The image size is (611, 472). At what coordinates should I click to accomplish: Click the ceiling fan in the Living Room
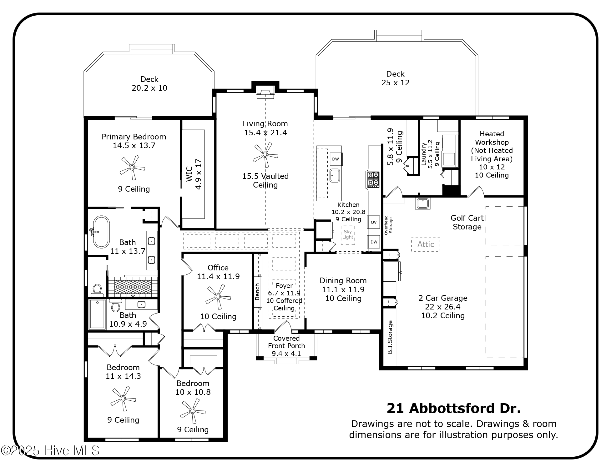(265, 155)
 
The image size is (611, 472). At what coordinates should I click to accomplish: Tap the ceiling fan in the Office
(218, 297)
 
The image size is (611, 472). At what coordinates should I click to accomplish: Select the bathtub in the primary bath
(101, 232)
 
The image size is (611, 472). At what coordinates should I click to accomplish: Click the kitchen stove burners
(373, 179)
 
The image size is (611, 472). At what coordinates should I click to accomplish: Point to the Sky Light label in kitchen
(348, 234)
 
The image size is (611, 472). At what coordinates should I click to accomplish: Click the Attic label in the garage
(426, 244)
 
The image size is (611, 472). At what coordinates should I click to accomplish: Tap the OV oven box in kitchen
(374, 222)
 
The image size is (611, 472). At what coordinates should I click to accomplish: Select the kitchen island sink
(335, 175)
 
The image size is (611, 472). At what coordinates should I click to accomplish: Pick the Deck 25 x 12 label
(395, 78)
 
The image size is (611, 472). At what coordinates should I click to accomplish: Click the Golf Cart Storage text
(467, 222)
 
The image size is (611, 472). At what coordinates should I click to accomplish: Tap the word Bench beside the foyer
(257, 291)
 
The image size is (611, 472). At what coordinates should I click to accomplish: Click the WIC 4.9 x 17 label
(194, 174)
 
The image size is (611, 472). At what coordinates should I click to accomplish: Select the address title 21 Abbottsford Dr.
(453, 408)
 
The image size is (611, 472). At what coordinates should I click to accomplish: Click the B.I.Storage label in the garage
(390, 337)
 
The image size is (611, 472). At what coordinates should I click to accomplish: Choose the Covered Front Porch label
(286, 346)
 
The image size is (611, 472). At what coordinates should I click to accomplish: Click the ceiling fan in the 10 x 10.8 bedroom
(193, 411)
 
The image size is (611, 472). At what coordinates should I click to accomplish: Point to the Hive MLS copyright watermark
(50, 450)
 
